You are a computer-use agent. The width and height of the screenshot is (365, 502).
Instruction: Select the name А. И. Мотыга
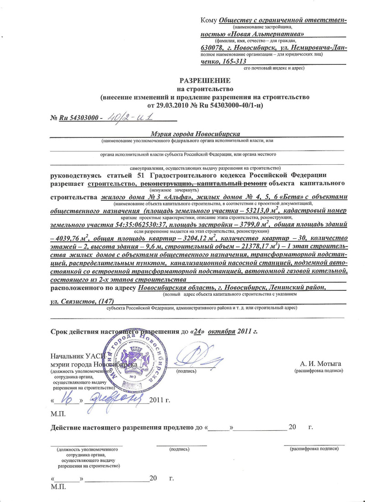pos(321,363)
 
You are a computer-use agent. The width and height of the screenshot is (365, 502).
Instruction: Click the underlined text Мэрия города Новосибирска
pos(196,133)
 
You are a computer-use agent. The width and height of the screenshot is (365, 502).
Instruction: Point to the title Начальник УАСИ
pos(78,356)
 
